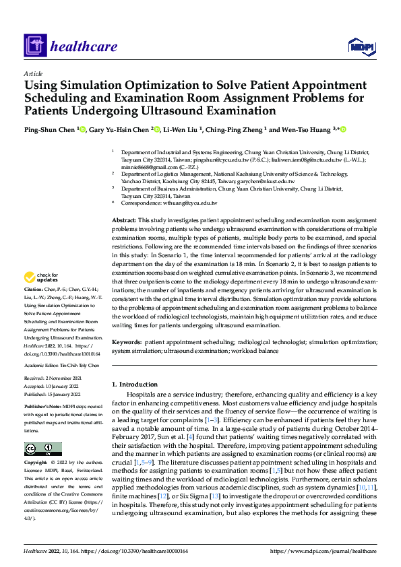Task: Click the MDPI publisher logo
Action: tap(361, 46)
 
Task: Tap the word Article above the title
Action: tap(33, 73)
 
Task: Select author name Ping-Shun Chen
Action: tap(50, 129)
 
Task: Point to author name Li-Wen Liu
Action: tap(183, 129)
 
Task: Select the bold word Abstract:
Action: tap(124, 220)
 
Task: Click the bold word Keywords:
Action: tap(127, 342)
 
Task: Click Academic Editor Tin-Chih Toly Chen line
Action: tap(61, 364)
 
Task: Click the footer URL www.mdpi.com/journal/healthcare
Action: tap(322, 552)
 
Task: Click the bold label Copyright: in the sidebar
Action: tap(36, 463)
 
